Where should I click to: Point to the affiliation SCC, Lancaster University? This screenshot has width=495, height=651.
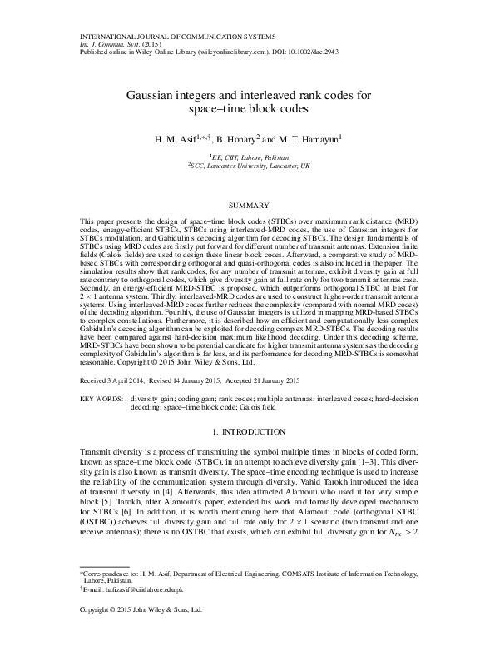(250, 166)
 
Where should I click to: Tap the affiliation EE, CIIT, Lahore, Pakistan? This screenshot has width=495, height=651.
(249, 157)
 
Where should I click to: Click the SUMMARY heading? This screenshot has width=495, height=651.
(247, 205)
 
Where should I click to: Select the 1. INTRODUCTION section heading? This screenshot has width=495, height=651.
(247, 432)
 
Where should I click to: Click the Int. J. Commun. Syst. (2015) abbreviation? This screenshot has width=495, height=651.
(116, 44)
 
